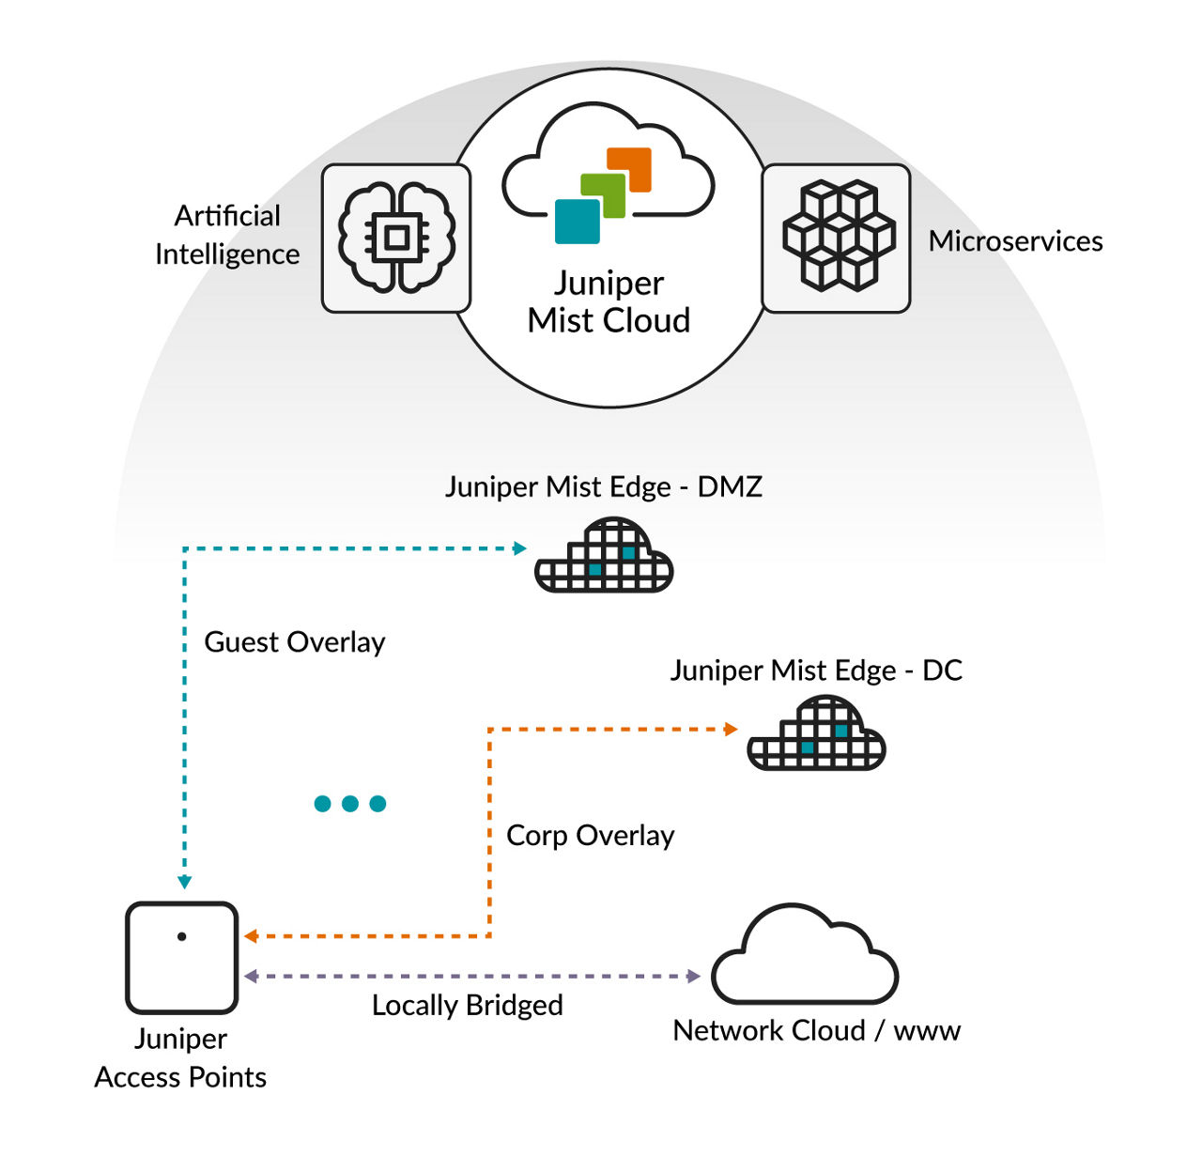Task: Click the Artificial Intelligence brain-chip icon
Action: point(395,239)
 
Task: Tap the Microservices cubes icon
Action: point(836,238)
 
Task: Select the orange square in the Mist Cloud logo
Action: point(630,169)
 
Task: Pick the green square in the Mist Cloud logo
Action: point(603,195)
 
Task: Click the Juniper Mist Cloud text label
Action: point(609,301)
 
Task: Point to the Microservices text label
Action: point(1015,241)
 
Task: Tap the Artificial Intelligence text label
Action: point(227,235)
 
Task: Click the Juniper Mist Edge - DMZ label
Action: point(603,486)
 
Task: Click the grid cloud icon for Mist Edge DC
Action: point(816,736)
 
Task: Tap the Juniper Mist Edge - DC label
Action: point(815,670)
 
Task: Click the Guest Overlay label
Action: point(295,642)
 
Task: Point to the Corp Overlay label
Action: point(590,836)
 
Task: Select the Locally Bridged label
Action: point(467,1006)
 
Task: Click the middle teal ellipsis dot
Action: point(350,804)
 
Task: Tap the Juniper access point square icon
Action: point(181,958)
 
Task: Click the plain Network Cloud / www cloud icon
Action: point(804,958)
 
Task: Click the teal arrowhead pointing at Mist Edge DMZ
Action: point(519,548)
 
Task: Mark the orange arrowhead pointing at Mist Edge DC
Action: point(731,730)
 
